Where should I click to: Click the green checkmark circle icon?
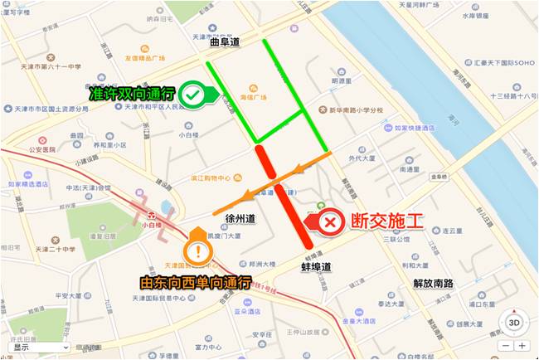(x=193, y=95)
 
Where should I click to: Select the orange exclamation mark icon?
(x=197, y=250)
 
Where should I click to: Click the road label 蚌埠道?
(x=316, y=267)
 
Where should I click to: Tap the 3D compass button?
(x=514, y=322)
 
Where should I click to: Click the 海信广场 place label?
(x=253, y=97)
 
